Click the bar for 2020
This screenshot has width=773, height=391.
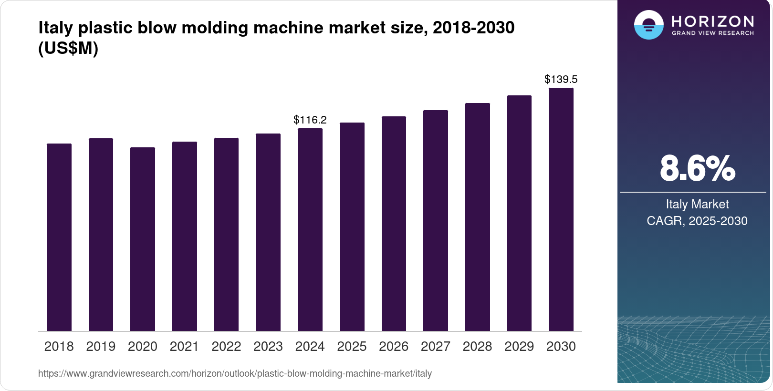(143, 239)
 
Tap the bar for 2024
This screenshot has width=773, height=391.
(310, 229)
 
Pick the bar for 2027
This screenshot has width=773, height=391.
(436, 220)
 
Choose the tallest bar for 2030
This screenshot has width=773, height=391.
(561, 209)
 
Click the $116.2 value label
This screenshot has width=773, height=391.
(310, 120)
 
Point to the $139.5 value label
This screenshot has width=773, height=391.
(561, 79)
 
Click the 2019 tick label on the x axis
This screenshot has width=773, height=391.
(101, 347)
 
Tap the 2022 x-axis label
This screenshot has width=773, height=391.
(226, 347)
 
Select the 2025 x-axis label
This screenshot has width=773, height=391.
(352, 347)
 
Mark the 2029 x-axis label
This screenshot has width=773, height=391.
(519, 347)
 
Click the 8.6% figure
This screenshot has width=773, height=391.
(697, 168)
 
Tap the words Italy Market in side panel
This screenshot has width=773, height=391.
(697, 204)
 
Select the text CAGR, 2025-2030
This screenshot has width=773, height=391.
(697, 221)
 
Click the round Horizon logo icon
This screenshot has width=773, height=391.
(648, 25)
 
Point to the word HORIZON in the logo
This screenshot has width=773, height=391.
(713, 21)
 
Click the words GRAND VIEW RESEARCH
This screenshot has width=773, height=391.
(713, 33)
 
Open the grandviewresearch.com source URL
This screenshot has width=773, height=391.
(235, 373)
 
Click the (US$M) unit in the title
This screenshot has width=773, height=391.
(68, 48)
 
